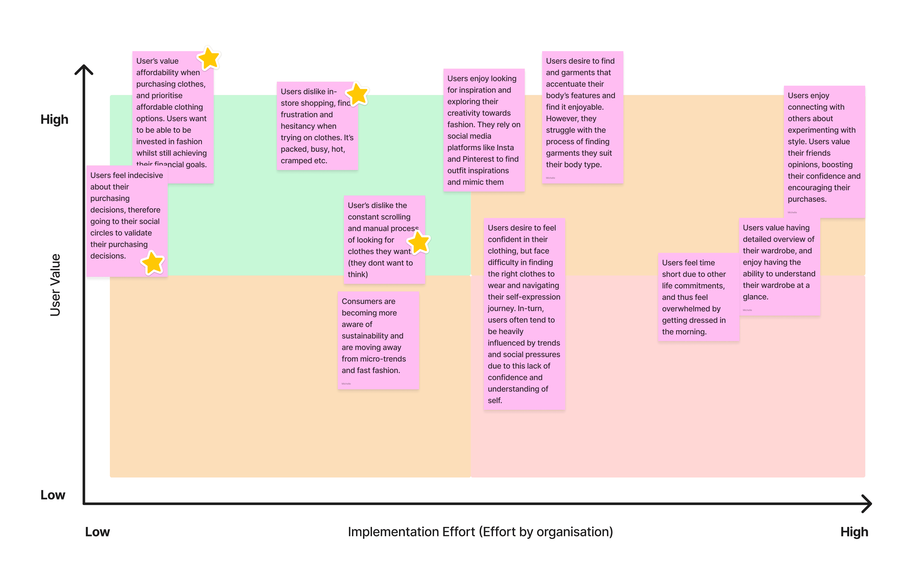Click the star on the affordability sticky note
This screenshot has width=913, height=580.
pos(209,58)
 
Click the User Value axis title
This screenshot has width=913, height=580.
pos(55,285)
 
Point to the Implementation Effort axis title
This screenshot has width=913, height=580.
pos(480,532)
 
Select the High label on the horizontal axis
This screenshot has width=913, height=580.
pos(854,532)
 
